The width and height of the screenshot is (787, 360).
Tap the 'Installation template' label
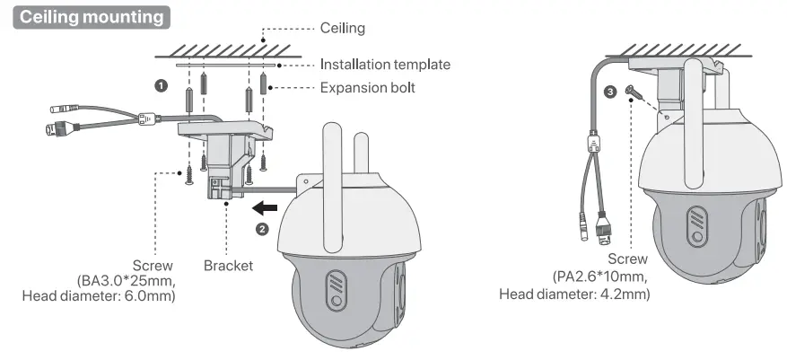pyautogui.click(x=385, y=65)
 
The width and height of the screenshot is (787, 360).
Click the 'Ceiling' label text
pyautogui.click(x=343, y=29)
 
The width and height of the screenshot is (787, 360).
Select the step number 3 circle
pyautogui.click(x=610, y=92)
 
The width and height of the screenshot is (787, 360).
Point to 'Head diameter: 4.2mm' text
pyautogui.click(x=574, y=294)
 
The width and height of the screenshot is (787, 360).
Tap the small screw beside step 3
pyautogui.click(x=636, y=92)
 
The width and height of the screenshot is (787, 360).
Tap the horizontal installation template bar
pyautogui.click(x=227, y=65)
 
